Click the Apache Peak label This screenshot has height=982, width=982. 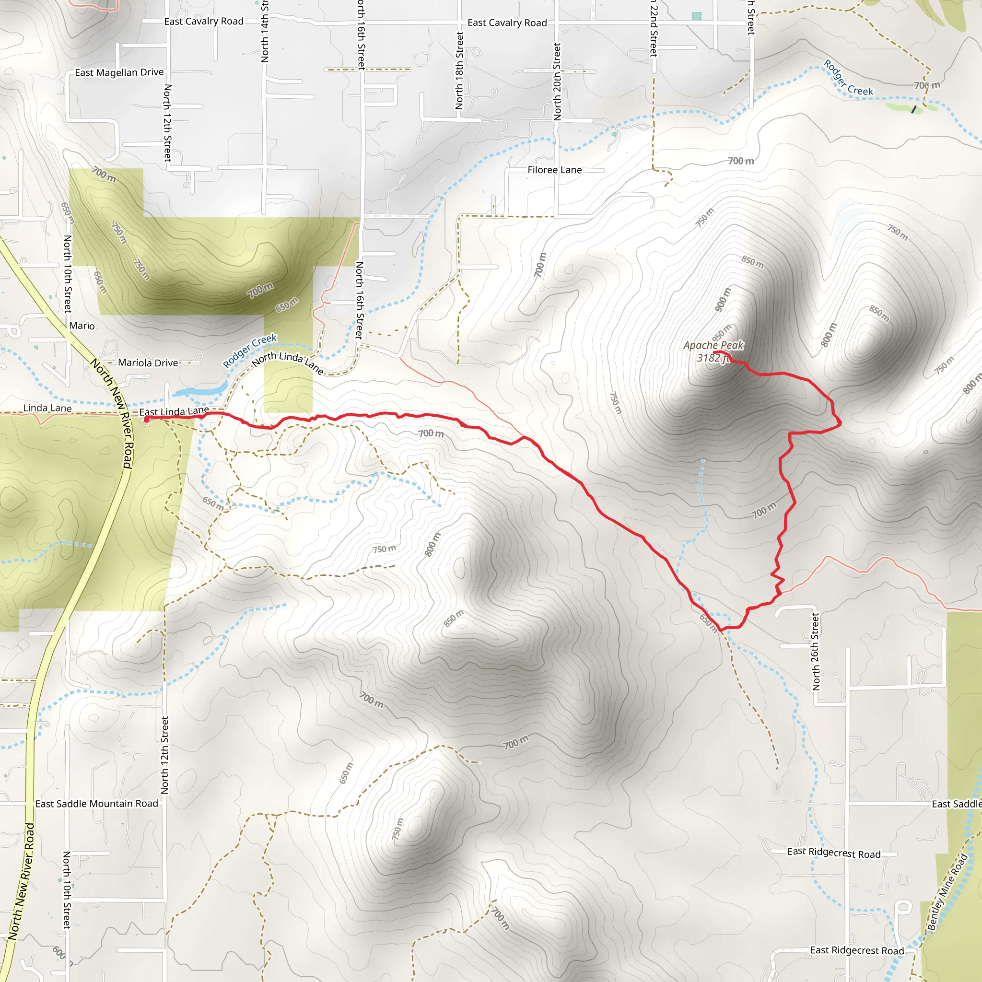click(713, 346)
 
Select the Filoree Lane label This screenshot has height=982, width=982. click(555, 170)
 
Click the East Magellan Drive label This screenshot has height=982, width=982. click(119, 73)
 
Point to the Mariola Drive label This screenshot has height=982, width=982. click(148, 363)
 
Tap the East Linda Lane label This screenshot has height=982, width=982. click(174, 411)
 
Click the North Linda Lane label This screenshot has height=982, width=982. click(288, 362)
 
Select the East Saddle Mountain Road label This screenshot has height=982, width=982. click(96, 804)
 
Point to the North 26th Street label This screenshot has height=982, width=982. click(816, 652)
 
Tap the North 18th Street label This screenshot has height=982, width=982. click(459, 70)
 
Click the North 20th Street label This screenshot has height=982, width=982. click(557, 82)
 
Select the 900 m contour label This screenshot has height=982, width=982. click(723, 299)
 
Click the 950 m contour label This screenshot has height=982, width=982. click(722, 333)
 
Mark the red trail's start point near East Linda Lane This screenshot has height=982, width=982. click(146, 420)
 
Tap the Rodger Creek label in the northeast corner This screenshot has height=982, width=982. click(848, 78)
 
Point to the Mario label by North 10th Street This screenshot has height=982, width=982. click(82, 326)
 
